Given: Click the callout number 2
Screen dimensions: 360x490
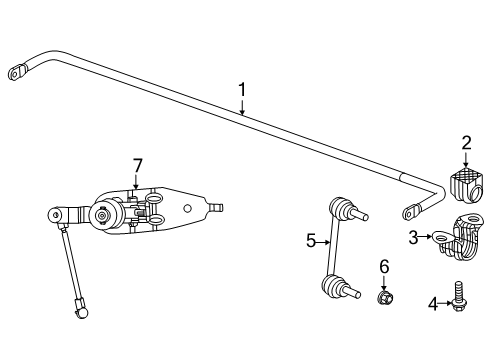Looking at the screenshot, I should pyautogui.click(x=466, y=144).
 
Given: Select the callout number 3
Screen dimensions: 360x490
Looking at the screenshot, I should pyautogui.click(x=412, y=237).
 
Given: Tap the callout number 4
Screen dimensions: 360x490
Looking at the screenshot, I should pyautogui.click(x=432, y=303).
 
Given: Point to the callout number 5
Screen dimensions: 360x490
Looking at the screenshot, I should pyautogui.click(x=310, y=241).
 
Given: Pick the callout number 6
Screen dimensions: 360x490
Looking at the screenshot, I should pyautogui.click(x=383, y=266).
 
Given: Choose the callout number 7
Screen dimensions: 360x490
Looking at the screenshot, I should pyautogui.click(x=139, y=164).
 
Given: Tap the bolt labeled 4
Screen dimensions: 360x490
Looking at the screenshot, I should pyautogui.click(x=460, y=299).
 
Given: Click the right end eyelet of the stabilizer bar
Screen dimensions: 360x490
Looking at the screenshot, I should pyautogui.click(x=411, y=211).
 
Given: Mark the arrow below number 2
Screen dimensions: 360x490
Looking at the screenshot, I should pyautogui.click(x=466, y=162).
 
